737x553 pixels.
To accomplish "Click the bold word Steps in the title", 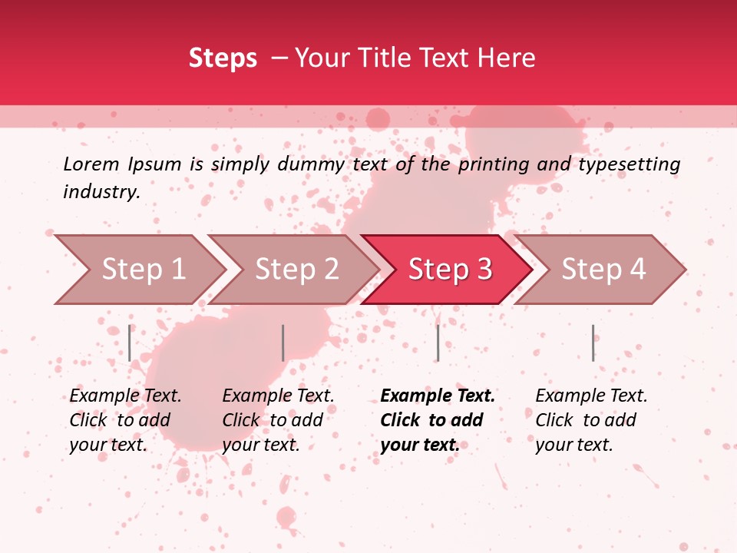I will point(223,58).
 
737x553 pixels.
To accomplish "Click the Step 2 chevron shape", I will point(296,270).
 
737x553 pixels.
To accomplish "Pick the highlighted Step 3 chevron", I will point(449,270).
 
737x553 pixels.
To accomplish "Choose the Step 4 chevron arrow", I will point(603,270).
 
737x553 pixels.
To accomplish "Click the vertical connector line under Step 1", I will point(130,343).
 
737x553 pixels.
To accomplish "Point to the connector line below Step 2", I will point(283,343).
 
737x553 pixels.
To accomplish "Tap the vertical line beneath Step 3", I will point(438,343).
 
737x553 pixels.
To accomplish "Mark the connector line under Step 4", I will point(593,343).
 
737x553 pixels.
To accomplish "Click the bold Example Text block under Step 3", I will point(437,420).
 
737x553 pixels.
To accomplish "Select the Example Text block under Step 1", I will point(125,420).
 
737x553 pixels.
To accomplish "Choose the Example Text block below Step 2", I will point(278,420).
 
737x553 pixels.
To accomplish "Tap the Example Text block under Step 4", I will point(591,420).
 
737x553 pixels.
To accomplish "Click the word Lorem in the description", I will point(91,164).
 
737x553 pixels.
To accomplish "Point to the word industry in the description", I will point(101,192).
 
